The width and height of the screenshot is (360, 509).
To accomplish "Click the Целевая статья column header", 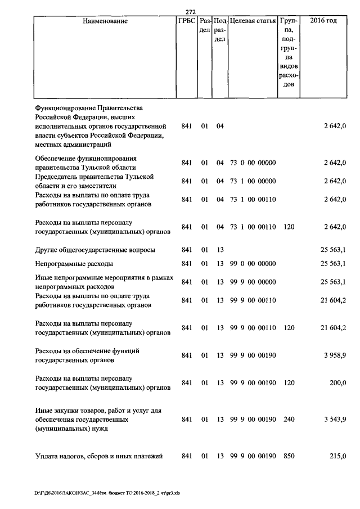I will [253, 21].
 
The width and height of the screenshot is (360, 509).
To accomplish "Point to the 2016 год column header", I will [323, 21].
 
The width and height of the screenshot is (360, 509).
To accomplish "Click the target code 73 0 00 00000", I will [253, 163].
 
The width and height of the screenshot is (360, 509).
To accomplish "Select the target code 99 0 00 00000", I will [253, 263].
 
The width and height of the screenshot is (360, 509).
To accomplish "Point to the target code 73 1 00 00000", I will [253, 181].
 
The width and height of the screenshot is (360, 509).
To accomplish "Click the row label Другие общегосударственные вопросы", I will [95, 250].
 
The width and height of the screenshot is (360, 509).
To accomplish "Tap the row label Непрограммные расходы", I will [74, 263].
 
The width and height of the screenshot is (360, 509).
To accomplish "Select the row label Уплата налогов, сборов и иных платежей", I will [99, 456].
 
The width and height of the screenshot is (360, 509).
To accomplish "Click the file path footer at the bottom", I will [107, 494].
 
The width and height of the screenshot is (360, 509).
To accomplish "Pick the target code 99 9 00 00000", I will [253, 282].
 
